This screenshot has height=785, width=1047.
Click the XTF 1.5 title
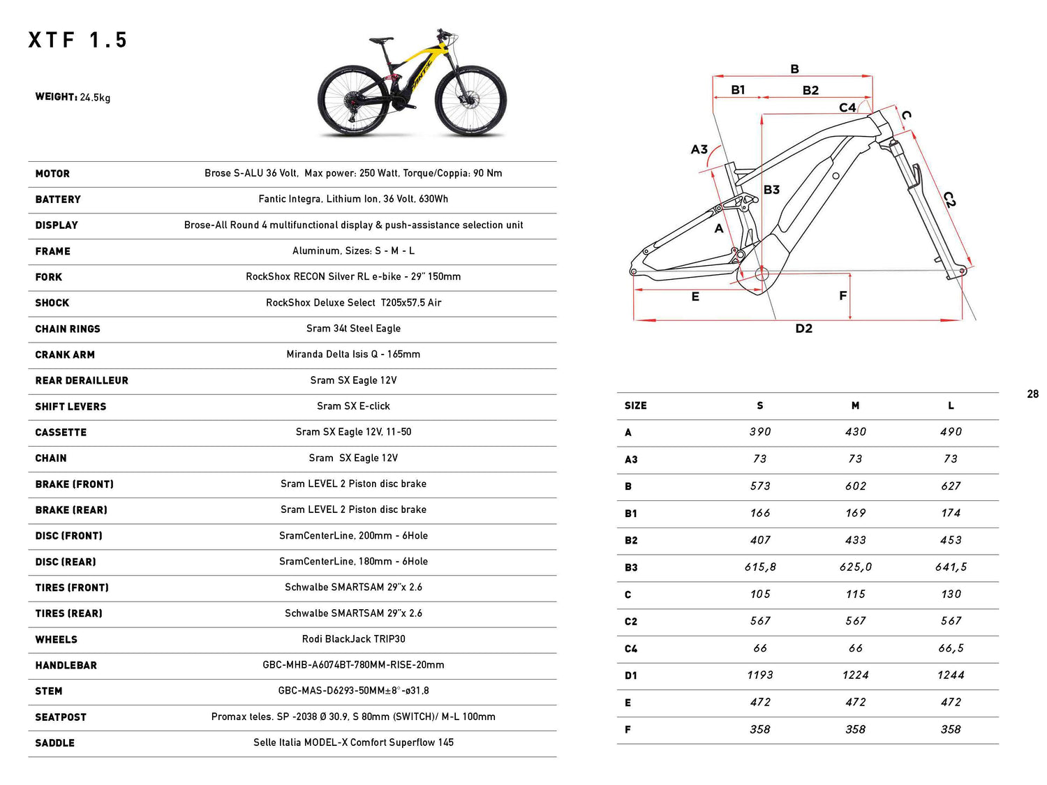pos(77,40)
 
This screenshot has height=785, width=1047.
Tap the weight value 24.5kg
pos(95,98)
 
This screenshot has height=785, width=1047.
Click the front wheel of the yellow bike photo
pos(470,102)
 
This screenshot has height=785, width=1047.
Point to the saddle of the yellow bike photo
pos(382,40)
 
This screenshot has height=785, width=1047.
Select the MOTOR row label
pos(52,174)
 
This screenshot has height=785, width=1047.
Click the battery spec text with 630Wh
pos(353,199)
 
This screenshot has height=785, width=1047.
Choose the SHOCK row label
pos(52,303)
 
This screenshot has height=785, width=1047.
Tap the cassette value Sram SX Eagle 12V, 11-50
pos(353,432)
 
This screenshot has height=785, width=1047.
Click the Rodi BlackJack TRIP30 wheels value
pos(353,639)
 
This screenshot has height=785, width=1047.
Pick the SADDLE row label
pos(54,743)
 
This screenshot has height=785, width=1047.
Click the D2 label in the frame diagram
pos(803,329)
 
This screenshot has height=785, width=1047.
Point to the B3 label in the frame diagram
pos(771,190)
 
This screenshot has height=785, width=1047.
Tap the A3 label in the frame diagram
pos(699,149)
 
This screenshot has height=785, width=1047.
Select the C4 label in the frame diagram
pos(847,107)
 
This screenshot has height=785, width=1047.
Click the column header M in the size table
pos(855,405)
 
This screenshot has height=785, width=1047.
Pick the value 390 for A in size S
pos(760,432)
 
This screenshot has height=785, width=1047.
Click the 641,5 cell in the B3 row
pos(951,567)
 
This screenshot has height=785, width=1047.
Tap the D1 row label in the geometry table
pos(630,675)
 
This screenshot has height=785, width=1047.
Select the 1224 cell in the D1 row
pos(855,675)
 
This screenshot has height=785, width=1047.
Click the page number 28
pos(1032,394)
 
